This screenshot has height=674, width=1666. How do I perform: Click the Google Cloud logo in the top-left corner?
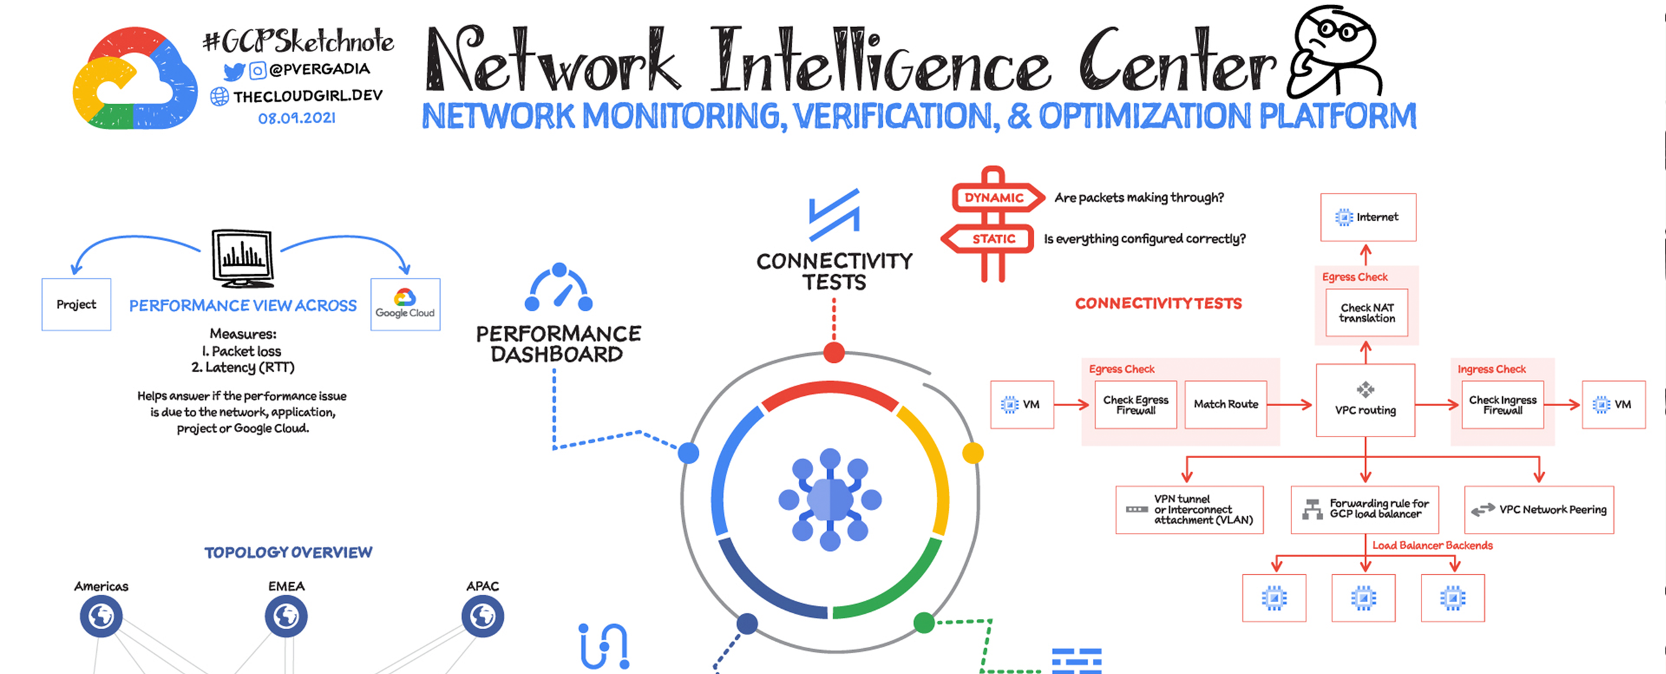pos(135,78)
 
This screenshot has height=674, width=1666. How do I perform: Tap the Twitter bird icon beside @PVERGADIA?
pos(233,71)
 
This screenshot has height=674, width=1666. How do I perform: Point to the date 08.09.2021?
pos(297,118)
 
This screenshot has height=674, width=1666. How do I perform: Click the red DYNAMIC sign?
pos(994,198)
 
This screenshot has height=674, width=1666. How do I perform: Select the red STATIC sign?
pos(990,239)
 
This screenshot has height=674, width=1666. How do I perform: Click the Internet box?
pos(1368,217)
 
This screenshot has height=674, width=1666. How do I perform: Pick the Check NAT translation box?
pos(1367,313)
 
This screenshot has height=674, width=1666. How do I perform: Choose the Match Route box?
pos(1226,404)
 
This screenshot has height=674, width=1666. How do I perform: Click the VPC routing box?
pos(1365,400)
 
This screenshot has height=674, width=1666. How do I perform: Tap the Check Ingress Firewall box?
pos(1502,405)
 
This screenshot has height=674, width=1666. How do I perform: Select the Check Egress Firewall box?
pos(1136,405)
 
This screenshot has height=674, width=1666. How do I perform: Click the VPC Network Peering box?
pos(1539,510)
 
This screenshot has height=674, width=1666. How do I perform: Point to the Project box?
pos(76,305)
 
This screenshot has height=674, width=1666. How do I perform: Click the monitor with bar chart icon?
pos(243,257)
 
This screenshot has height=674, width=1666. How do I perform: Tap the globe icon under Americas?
pos(101,616)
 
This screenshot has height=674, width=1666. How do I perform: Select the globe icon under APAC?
pos(482,616)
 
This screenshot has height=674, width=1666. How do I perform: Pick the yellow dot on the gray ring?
pos(973,453)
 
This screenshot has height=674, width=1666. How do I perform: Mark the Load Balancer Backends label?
pos(1433,545)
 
